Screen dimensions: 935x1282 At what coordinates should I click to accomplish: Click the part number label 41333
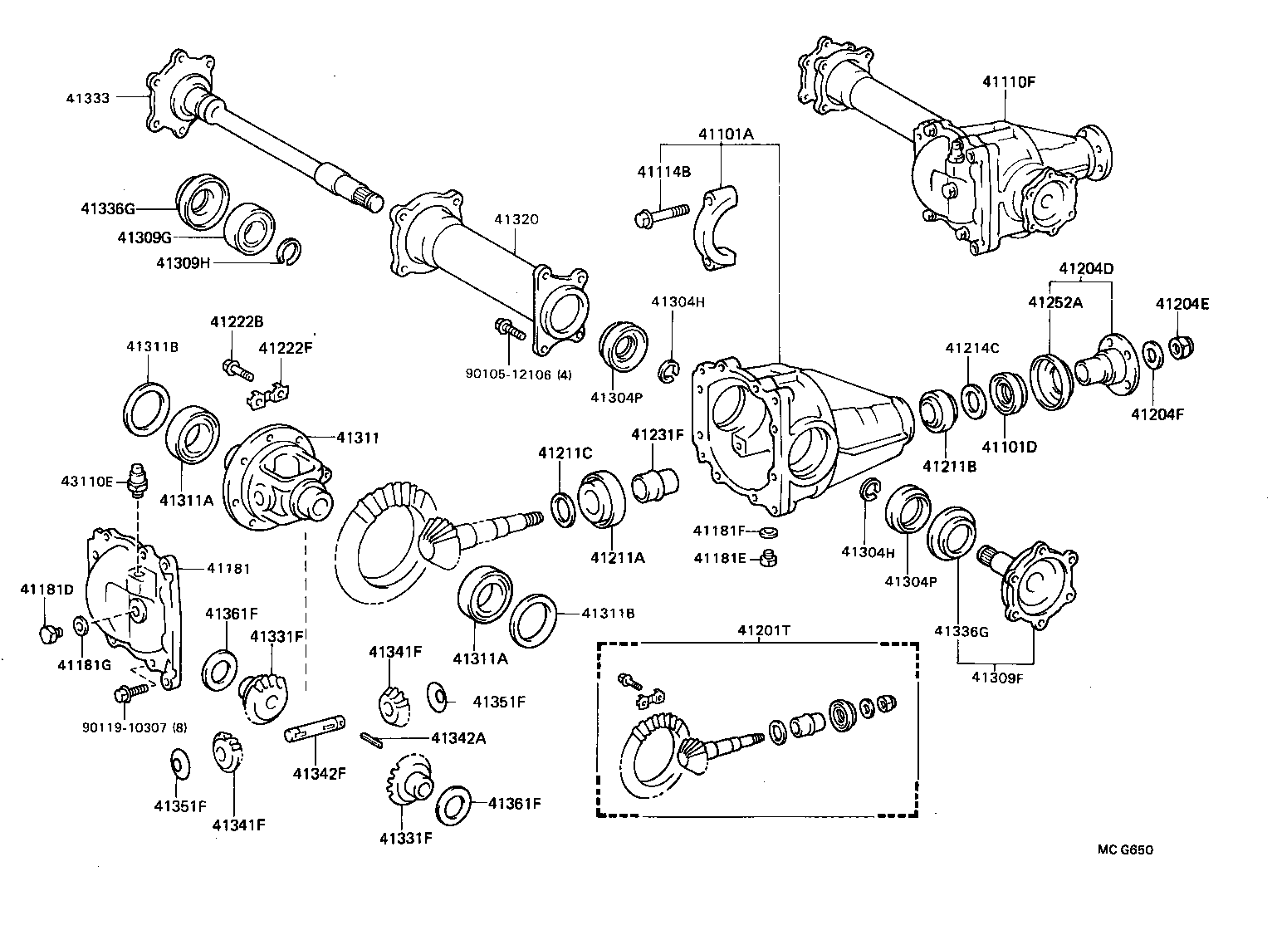87,97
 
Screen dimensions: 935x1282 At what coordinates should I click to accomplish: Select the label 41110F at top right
1009,81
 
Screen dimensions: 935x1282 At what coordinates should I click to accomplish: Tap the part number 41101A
725,133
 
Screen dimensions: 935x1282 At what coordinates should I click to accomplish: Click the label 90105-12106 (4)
519,374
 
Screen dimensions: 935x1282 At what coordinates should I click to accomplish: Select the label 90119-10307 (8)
135,727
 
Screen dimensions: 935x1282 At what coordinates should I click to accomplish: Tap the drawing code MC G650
1125,849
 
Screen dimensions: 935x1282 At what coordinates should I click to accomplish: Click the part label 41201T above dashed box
763,630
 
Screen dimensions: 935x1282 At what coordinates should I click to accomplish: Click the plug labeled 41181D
47,634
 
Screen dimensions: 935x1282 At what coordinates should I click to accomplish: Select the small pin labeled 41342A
370,738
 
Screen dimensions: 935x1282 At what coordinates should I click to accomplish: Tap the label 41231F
657,434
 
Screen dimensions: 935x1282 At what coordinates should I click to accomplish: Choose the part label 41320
516,220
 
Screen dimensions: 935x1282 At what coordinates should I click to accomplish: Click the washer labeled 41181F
768,531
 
